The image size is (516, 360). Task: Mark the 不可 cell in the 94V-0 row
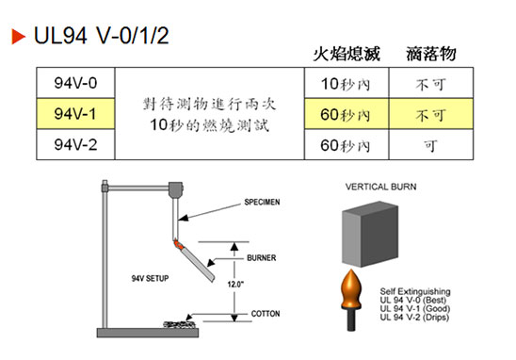429,83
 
